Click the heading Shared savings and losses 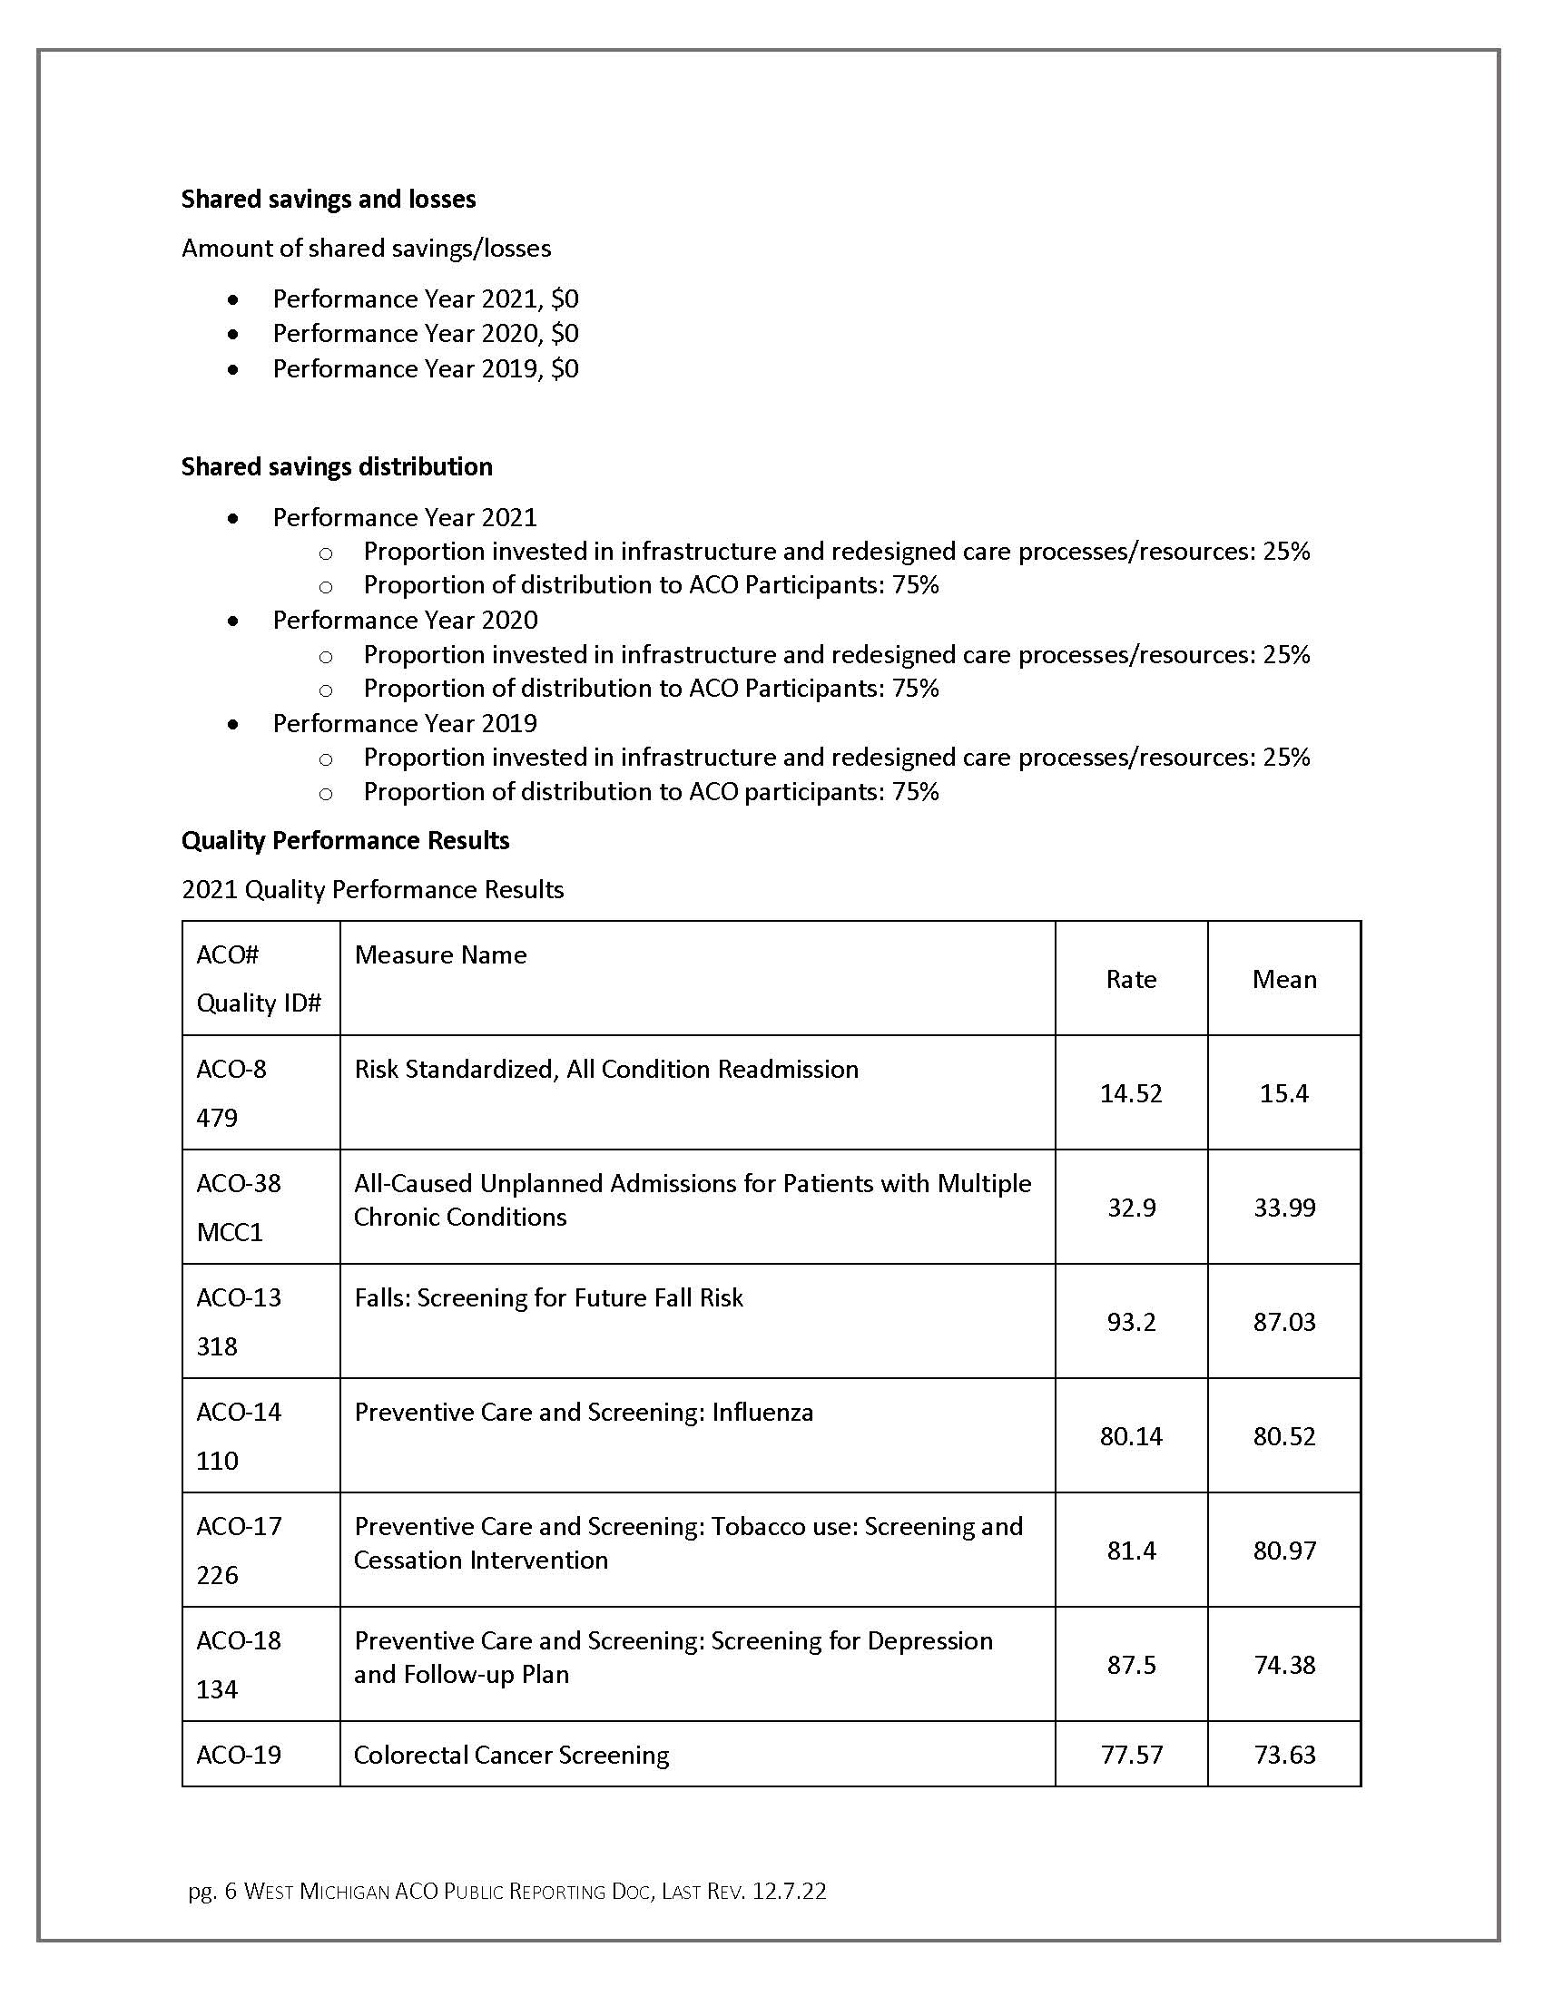(x=329, y=200)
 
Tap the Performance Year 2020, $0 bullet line (x=425, y=334)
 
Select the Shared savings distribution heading (x=337, y=467)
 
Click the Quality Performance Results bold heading (x=345, y=841)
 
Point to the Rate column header (x=1131, y=980)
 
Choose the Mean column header (x=1284, y=980)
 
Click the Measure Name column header (x=440, y=955)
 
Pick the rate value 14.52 (x=1131, y=1094)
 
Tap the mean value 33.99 (x=1284, y=1208)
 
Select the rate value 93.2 (x=1131, y=1323)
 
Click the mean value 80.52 (x=1284, y=1437)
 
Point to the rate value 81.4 (x=1131, y=1551)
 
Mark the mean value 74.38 (x=1284, y=1665)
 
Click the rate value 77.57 (x=1131, y=1755)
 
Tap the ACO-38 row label (x=239, y=1183)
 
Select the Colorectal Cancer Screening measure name (x=511, y=1755)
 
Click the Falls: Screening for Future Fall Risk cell (x=548, y=1297)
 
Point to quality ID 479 (x=217, y=1118)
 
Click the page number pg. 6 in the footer (x=212, y=1892)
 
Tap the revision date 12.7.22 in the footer (x=789, y=1892)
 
